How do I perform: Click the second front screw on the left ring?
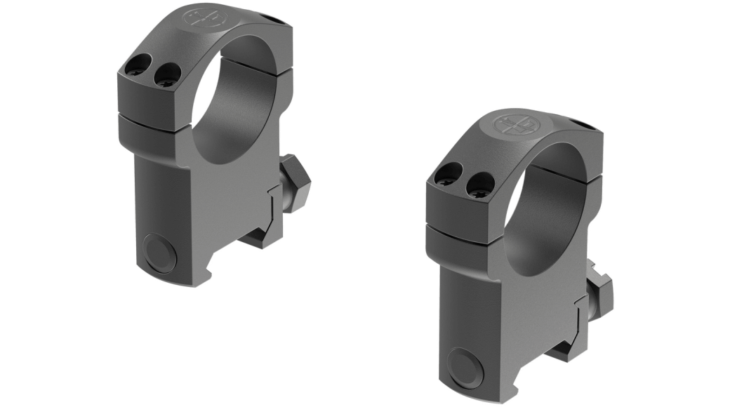pos(167,74)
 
